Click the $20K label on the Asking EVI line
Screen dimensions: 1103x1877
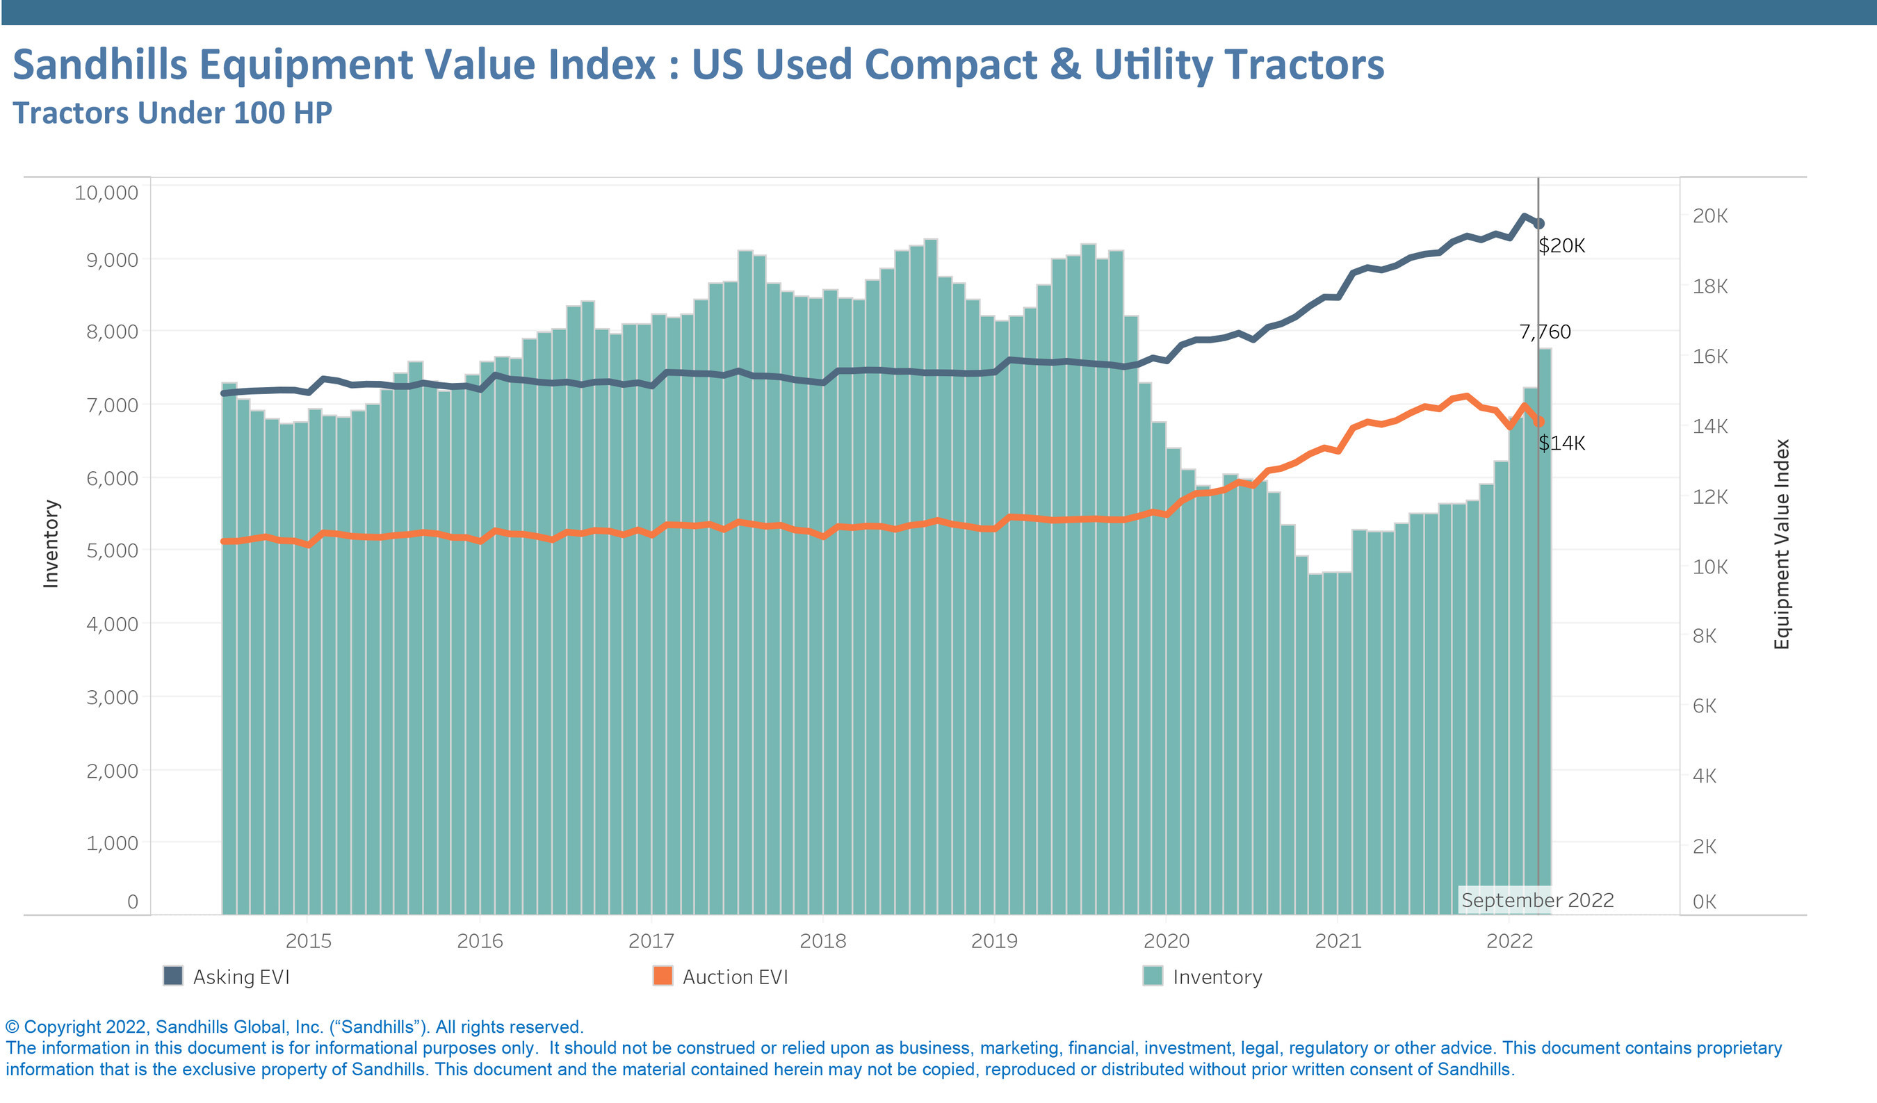[x=1561, y=246]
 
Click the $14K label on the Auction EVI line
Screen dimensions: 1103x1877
[x=1561, y=443]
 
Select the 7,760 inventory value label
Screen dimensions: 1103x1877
[x=1544, y=332]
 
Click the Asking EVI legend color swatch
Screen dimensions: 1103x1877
[x=173, y=976]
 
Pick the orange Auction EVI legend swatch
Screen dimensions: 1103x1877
[x=662, y=976]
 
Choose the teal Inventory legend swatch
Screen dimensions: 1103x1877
[x=1153, y=976]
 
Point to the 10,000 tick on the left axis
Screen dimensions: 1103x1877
[x=106, y=193]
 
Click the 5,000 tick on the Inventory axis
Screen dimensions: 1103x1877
[x=112, y=550]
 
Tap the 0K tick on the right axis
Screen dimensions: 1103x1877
[x=1704, y=901]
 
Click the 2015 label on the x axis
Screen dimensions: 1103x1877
[x=309, y=940]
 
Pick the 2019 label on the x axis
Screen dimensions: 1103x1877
[x=993, y=940]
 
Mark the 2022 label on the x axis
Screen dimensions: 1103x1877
[x=1509, y=940]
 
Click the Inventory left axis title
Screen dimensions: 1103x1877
[x=51, y=544]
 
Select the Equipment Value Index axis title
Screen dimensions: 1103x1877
[x=1781, y=544]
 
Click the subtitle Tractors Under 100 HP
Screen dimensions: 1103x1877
[x=172, y=113]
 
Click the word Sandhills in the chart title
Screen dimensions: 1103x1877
[x=100, y=64]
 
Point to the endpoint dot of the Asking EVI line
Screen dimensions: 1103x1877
[x=1540, y=223]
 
